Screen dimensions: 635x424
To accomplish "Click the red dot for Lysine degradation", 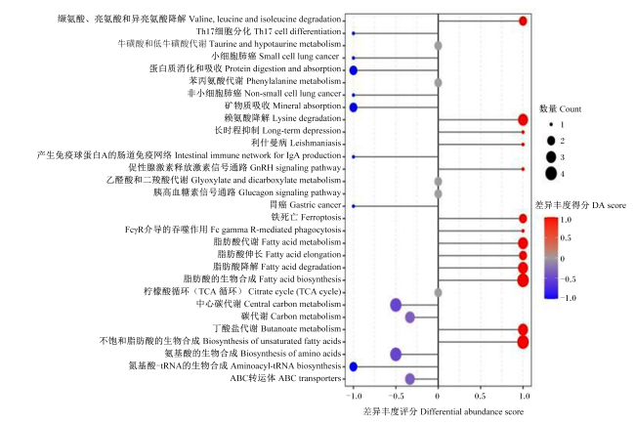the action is [x=523, y=119].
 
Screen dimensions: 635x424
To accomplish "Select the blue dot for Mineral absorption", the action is [x=353, y=107].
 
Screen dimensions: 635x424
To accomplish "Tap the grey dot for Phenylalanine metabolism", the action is [x=438, y=83].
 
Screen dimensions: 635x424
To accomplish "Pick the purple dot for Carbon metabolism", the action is [x=410, y=318].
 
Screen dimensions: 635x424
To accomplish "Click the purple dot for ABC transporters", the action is [x=410, y=379].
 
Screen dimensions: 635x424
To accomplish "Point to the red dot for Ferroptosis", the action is [x=523, y=219].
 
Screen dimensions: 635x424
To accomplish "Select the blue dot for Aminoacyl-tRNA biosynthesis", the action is [x=353, y=367].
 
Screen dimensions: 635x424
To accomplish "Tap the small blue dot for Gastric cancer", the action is [x=354, y=206].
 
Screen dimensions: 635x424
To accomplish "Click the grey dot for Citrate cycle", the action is [x=438, y=292].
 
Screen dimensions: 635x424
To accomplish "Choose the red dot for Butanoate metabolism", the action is [x=523, y=329].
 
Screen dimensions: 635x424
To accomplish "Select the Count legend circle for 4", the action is [x=551, y=174].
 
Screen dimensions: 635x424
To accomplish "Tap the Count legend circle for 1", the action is [x=551, y=125].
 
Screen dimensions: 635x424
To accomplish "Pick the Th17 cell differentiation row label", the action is [x=269, y=31].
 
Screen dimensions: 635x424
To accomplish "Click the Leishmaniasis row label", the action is [x=296, y=143].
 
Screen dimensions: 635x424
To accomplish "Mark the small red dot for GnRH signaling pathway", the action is [x=523, y=169].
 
